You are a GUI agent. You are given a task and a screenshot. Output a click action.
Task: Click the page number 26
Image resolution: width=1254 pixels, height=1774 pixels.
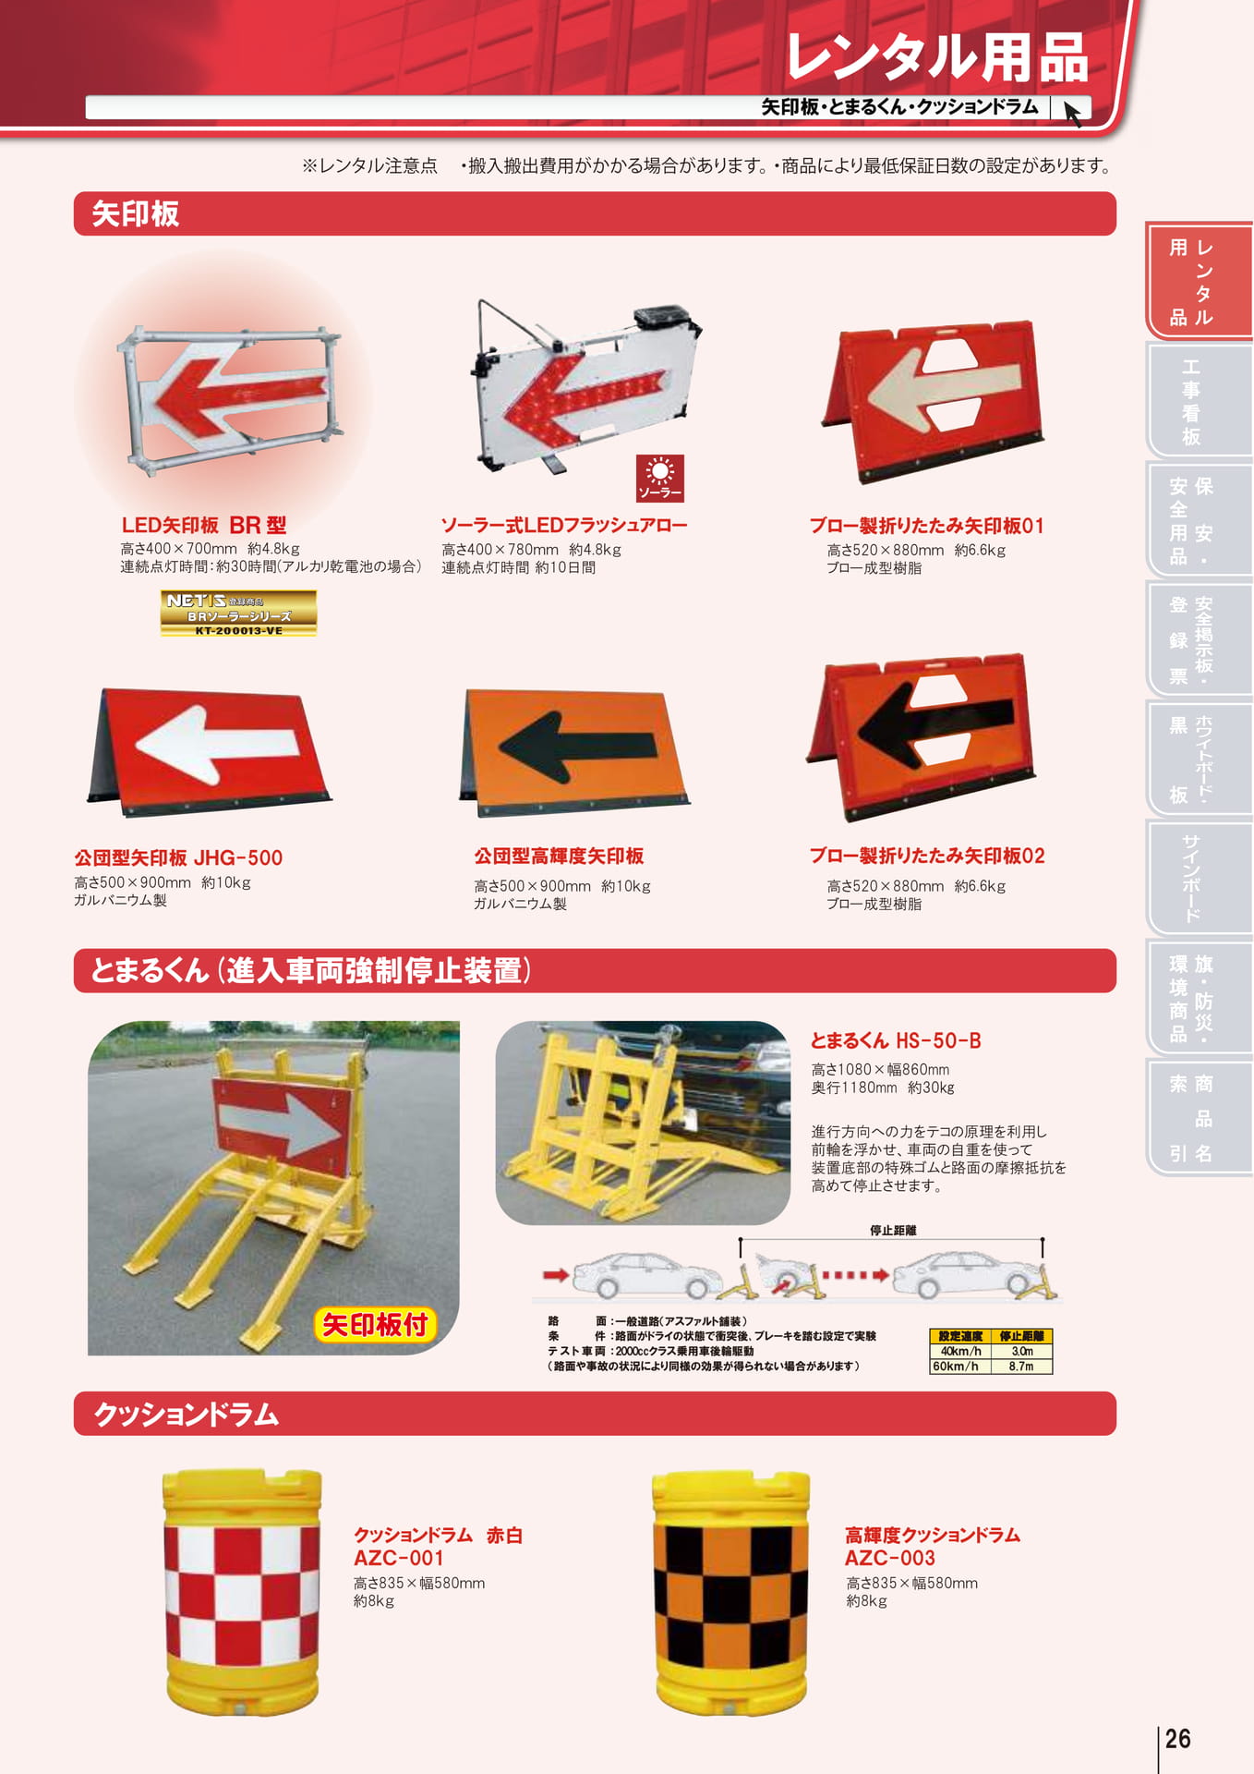coord(1177,1739)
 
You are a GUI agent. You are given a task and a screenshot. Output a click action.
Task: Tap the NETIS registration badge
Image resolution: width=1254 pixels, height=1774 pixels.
coord(238,614)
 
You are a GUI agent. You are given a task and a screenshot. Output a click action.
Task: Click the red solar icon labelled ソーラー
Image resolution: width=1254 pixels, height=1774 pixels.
coord(659,478)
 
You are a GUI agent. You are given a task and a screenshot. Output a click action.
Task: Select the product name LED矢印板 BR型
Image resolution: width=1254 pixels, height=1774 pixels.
coord(204,526)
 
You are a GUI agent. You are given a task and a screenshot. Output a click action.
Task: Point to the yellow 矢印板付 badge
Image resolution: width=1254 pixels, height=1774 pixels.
coord(374,1325)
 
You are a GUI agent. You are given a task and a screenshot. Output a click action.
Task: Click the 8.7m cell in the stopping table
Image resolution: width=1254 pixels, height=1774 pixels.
coord(1021,1367)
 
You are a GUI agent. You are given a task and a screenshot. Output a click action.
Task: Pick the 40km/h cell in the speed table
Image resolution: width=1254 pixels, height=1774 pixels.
coord(960,1351)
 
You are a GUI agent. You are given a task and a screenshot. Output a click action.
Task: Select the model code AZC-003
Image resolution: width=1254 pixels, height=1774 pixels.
coord(890,1558)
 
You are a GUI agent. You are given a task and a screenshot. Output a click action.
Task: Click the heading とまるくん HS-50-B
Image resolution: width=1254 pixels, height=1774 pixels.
coord(896,1040)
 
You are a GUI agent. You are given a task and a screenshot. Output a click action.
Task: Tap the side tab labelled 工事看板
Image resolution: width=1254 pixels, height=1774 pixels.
coord(1191,401)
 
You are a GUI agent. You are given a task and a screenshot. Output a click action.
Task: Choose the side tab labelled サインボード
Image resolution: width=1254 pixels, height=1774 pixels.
coord(1191,878)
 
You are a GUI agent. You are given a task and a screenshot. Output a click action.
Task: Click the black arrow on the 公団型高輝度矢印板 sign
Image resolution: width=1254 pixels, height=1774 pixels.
coord(578,746)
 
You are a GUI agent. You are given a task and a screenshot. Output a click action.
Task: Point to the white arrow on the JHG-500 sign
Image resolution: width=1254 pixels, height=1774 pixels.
coord(217,742)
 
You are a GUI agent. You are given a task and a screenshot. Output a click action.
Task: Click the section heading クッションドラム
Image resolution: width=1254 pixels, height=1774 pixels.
coord(186,1415)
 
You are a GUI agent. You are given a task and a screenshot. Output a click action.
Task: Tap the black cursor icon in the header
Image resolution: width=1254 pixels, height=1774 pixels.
coord(1072,113)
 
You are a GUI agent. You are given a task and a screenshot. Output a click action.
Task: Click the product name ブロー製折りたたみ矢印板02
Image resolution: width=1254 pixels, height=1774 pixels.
coord(927,856)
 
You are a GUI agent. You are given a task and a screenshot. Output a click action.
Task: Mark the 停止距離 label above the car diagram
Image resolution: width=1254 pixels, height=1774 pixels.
coord(892,1231)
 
